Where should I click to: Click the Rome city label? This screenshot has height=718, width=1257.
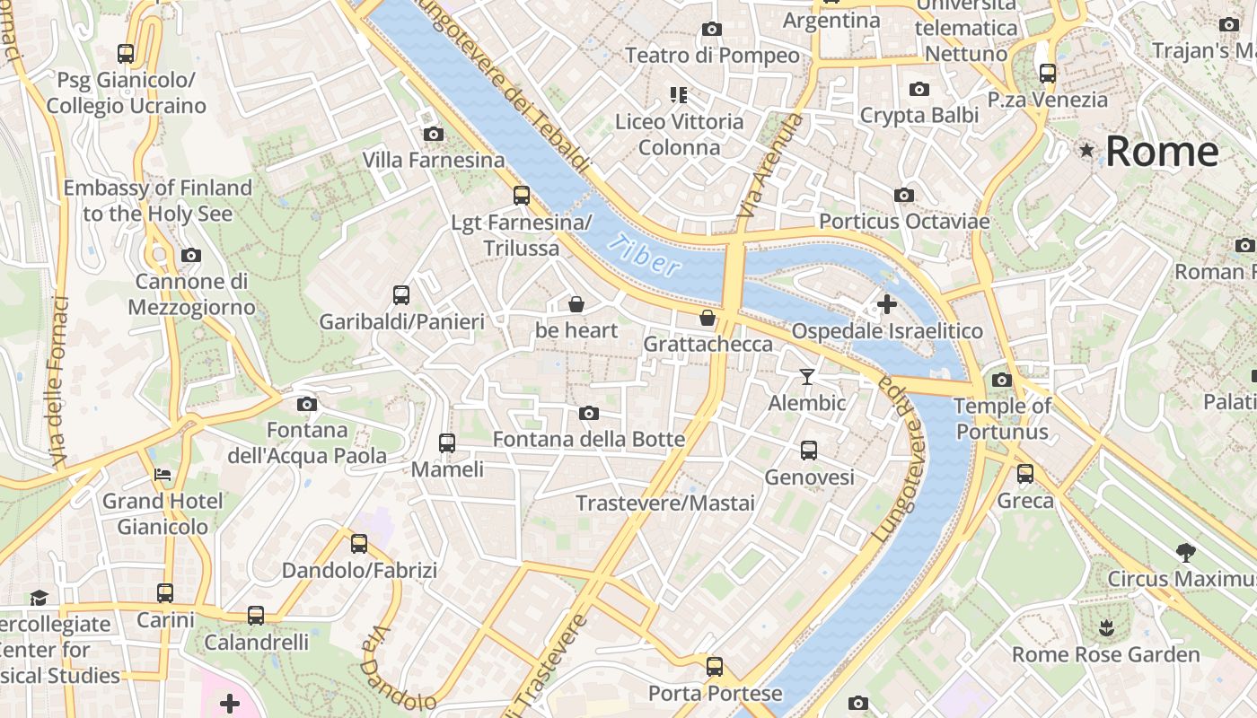pyautogui.click(x=1162, y=151)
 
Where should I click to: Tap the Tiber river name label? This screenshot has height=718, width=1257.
pyautogui.click(x=643, y=254)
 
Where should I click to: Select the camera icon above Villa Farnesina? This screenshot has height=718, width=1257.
pyautogui.click(x=434, y=135)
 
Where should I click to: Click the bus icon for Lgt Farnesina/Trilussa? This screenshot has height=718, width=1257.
pyautogui.click(x=522, y=196)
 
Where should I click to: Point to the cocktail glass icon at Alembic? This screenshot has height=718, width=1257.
pyautogui.click(x=807, y=377)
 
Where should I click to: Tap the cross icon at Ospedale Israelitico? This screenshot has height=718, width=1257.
pyautogui.click(x=886, y=304)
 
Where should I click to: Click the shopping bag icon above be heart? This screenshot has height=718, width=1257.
pyautogui.click(x=576, y=305)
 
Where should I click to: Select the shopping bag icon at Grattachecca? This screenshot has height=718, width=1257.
pyautogui.click(x=708, y=318)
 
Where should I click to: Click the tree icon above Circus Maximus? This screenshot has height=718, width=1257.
pyautogui.click(x=1185, y=552)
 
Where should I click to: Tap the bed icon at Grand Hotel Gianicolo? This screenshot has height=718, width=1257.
pyautogui.click(x=163, y=474)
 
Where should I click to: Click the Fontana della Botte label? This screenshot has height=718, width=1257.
pyautogui.click(x=589, y=440)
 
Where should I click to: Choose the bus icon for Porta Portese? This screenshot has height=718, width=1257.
pyautogui.click(x=715, y=667)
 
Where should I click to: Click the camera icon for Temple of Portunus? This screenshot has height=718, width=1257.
pyautogui.click(x=1002, y=380)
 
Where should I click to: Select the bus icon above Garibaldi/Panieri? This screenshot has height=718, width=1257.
pyautogui.click(x=401, y=295)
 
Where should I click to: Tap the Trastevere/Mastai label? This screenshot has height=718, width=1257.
pyautogui.click(x=665, y=503)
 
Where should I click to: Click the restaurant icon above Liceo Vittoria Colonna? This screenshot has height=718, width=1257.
pyautogui.click(x=679, y=94)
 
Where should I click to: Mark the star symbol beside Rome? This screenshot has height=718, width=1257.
pyautogui.click(x=1087, y=150)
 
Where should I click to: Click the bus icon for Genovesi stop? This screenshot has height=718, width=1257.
pyautogui.click(x=809, y=451)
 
